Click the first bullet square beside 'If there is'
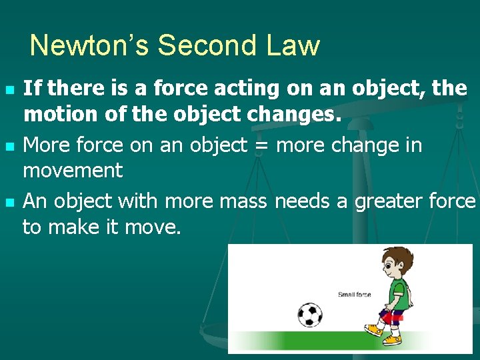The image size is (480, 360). click(x=8, y=89)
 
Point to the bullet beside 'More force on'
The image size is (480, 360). click(x=8, y=145)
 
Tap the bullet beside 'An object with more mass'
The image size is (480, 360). click(x=8, y=202)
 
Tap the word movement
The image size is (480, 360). click(x=73, y=171)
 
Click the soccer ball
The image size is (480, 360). click(x=309, y=314)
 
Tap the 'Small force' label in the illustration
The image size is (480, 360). click(x=354, y=295)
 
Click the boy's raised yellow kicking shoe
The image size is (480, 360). click(x=374, y=329)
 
